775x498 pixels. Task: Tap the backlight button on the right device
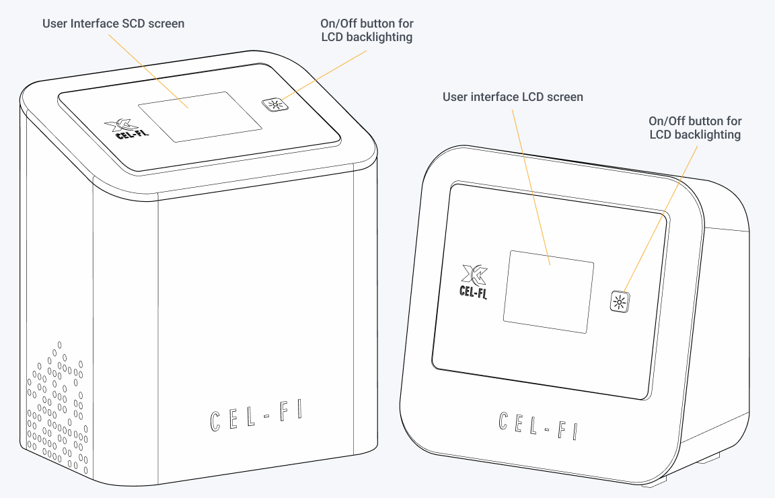pyautogui.click(x=620, y=301)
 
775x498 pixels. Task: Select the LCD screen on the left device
pyautogui.click(x=200, y=116)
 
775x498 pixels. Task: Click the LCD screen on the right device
pyautogui.click(x=548, y=291)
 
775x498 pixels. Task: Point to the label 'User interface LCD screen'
pyautogui.click(x=513, y=97)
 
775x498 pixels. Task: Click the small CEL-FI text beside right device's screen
pyautogui.click(x=473, y=293)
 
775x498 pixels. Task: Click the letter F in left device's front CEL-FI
pyautogui.click(x=283, y=413)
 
